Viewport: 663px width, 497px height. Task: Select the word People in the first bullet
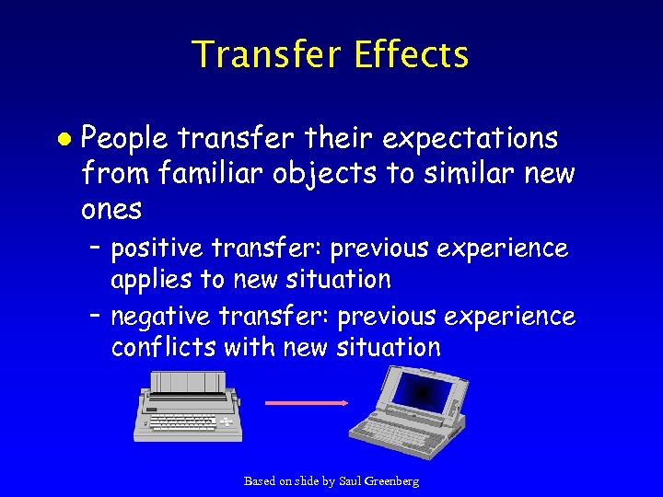(124, 139)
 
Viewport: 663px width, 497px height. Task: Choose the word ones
(111, 209)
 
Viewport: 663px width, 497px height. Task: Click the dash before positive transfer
(96, 248)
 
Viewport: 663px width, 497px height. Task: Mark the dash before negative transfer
(96, 317)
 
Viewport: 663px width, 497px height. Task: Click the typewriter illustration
(190, 404)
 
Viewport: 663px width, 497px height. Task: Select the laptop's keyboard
(394, 432)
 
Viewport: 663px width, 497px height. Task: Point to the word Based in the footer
(261, 481)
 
